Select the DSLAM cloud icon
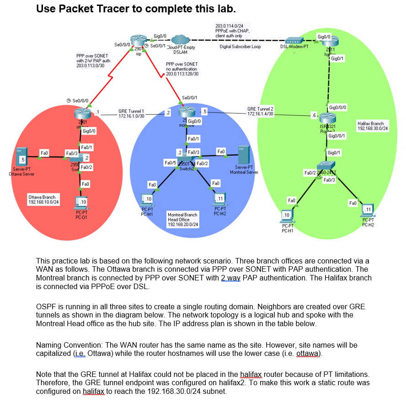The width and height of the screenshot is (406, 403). pos(181,40)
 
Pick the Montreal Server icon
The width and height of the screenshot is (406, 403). pos(243,155)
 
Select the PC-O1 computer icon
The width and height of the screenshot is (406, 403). pos(81,202)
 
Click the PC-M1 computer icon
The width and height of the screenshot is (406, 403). pos(147,200)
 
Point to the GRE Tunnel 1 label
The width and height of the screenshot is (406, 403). pos(131,113)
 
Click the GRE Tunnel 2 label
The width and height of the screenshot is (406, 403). pos(260,111)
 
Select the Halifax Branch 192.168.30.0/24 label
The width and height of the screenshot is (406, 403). pos(373,126)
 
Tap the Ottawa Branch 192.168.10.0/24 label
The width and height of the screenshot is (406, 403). pos(43,199)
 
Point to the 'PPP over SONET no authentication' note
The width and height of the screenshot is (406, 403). pos(182,69)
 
